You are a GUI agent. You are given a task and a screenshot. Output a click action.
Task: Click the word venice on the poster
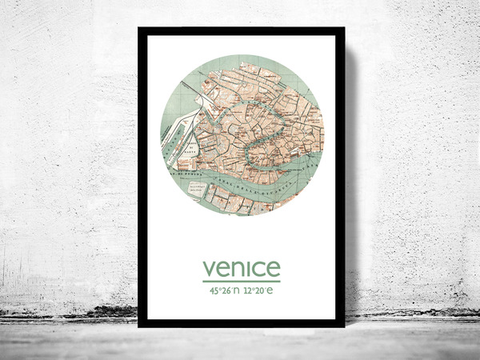pos(241,267)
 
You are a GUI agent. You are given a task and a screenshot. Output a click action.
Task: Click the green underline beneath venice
pos(241,281)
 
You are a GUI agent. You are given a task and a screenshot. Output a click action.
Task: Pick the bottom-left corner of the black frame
pos(140,325)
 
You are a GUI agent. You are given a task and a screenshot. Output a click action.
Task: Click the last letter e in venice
pos(273,268)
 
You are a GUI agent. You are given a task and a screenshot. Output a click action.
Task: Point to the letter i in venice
pos(248,266)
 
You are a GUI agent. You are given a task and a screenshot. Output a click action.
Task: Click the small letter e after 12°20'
pos(270,291)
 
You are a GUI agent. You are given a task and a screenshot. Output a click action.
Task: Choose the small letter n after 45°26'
pos(237,291)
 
